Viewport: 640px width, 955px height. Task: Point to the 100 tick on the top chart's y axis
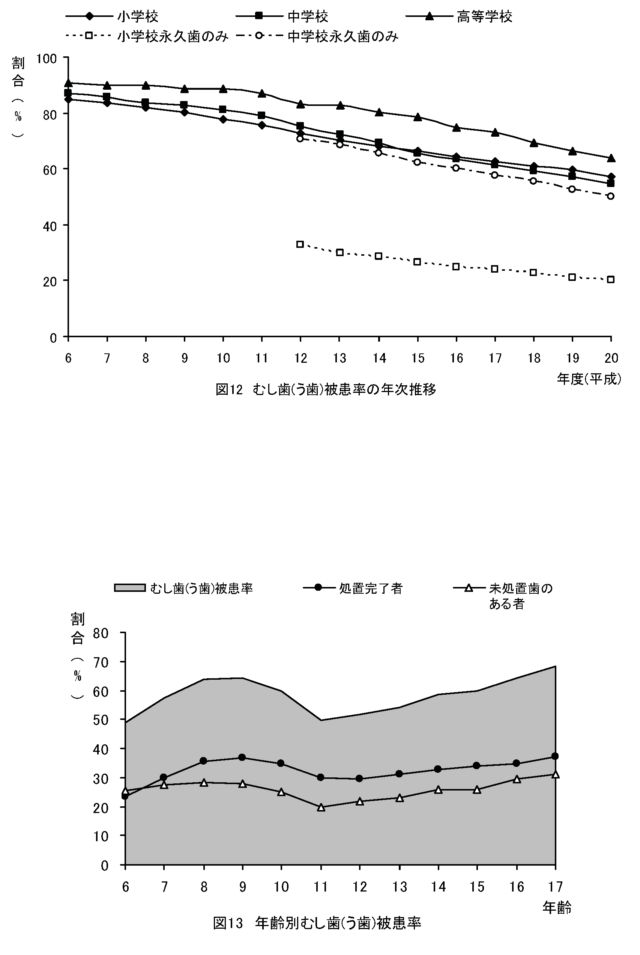(47, 59)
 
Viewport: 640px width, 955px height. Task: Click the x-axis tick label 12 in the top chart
(301, 358)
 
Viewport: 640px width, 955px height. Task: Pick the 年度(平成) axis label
(589, 379)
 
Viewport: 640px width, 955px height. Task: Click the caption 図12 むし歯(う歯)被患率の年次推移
(326, 390)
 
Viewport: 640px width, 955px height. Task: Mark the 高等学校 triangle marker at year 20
(611, 158)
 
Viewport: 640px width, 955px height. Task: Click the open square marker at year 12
(300, 244)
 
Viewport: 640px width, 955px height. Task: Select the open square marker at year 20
(611, 279)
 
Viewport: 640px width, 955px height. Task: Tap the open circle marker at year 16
(456, 168)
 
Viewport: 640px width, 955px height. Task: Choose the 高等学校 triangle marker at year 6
(68, 83)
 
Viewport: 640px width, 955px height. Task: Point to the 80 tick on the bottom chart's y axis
(101, 634)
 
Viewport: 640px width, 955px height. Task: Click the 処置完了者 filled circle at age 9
(242, 757)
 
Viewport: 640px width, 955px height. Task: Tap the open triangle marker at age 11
(321, 807)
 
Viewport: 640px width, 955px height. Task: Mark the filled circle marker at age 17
(555, 756)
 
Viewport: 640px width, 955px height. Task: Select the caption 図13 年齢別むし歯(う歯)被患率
(317, 923)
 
